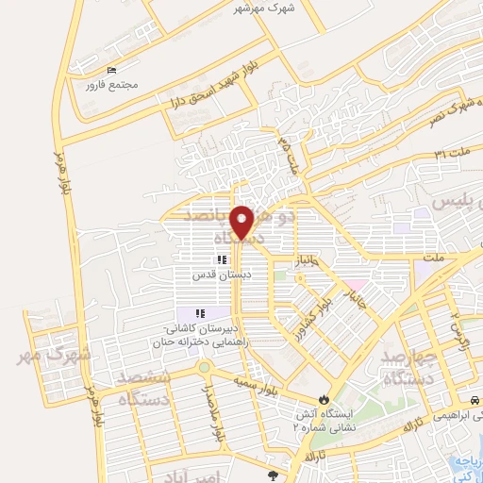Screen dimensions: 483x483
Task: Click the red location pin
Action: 243,222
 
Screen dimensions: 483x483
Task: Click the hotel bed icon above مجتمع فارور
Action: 113,71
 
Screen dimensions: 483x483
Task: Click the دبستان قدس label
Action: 219,275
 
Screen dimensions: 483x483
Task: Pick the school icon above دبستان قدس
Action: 221,260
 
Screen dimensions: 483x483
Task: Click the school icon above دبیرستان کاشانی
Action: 199,313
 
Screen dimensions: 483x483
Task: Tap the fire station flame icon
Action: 326,399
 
